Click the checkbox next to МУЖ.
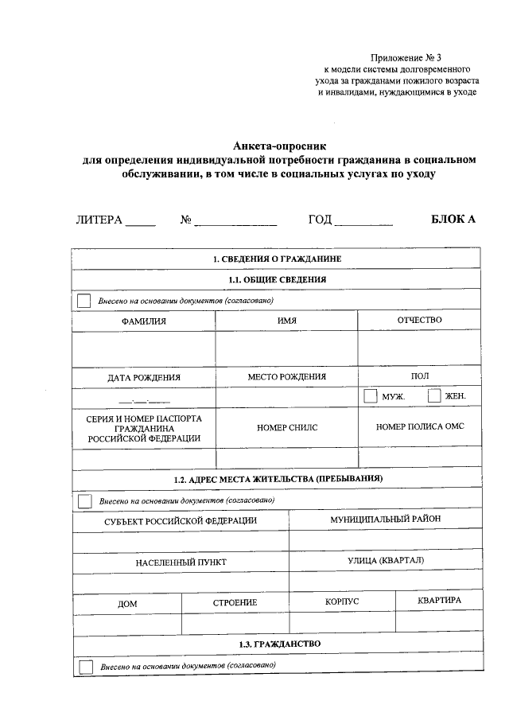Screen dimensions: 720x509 [370, 395]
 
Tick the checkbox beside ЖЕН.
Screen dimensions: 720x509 [434, 395]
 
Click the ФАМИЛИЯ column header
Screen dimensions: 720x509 [144, 321]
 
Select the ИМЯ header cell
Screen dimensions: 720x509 [287, 321]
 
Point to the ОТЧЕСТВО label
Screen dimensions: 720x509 [419, 320]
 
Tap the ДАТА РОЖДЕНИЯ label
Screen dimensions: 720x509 [144, 378]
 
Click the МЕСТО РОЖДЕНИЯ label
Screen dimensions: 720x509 [287, 377]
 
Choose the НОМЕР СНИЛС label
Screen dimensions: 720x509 [287, 427]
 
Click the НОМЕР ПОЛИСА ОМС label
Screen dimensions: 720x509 [420, 426]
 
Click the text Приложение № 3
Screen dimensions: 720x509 [405, 57]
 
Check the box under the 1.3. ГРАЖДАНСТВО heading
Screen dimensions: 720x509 [86, 666]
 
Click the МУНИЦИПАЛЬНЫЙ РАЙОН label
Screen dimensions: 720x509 [385, 519]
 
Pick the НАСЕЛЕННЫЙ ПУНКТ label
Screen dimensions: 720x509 [181, 562]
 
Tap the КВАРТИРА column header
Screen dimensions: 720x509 [439, 601]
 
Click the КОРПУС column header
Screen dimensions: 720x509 [342, 601]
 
